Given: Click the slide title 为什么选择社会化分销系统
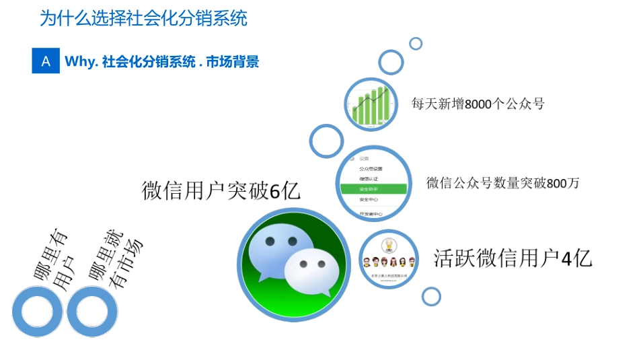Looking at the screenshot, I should pos(143,18).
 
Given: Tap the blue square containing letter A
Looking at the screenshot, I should pos(46,61).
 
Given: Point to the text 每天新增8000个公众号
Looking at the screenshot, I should pos(478,104).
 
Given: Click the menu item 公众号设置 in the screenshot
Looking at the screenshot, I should pos(371,168).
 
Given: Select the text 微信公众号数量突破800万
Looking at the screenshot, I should pos(502,183).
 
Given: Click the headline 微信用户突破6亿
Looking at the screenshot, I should pos(221,191).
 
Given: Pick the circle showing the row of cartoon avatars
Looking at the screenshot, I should pos(387,260).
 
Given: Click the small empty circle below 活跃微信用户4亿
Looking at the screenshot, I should pos(431,296).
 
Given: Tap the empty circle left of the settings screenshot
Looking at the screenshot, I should pos(326,141).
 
